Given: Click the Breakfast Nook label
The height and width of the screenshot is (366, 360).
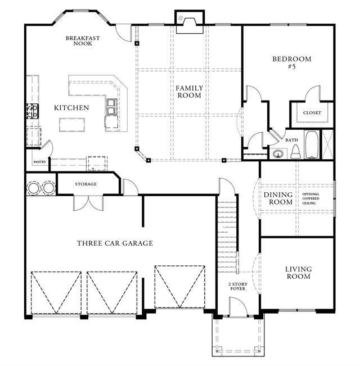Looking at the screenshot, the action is pyautogui.click(x=83, y=40).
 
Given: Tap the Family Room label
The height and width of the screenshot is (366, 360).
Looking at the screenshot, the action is pyautogui.click(x=190, y=92).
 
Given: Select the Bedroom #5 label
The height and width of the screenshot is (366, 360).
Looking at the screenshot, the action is pyautogui.click(x=292, y=62).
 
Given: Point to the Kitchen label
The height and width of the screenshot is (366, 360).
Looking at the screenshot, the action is pyautogui.click(x=71, y=107).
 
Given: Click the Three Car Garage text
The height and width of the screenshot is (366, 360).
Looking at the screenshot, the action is pyautogui.click(x=115, y=243).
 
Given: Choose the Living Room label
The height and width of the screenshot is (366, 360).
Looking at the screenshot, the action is pyautogui.click(x=298, y=273).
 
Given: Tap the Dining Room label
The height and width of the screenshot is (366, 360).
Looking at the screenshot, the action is pyautogui.click(x=278, y=198).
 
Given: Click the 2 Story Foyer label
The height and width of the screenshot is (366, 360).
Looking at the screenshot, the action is pyautogui.click(x=238, y=286).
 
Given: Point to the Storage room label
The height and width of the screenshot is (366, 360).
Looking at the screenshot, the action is pyautogui.click(x=85, y=184).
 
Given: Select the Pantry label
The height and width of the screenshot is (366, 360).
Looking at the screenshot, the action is pyautogui.click(x=40, y=162).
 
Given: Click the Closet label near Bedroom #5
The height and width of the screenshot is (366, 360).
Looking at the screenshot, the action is pyautogui.click(x=312, y=113).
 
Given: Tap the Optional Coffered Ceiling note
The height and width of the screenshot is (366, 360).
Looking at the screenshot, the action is pyautogui.click(x=310, y=198).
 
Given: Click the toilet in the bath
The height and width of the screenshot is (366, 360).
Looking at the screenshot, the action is pyautogui.click(x=295, y=152).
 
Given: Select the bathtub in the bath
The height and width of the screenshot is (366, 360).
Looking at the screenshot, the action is pyautogui.click(x=312, y=144).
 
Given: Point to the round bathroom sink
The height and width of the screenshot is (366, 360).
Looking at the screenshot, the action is pyautogui.click(x=278, y=154).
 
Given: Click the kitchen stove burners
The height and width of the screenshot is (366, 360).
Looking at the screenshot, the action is pyautogui.click(x=33, y=111).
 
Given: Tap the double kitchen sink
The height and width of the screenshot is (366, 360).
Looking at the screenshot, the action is pyautogui.click(x=111, y=107).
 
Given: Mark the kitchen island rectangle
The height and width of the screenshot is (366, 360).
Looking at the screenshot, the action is pyautogui.click(x=72, y=125).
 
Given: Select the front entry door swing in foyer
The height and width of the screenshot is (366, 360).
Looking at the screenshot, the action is pyautogui.click(x=238, y=307).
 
